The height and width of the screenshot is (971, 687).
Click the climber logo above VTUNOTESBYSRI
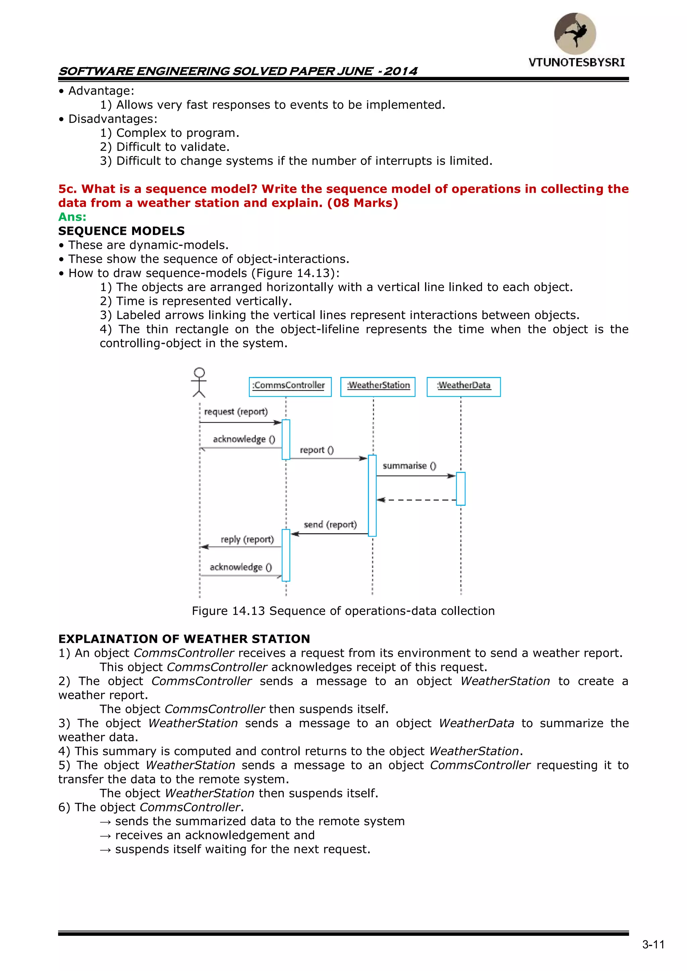click(x=575, y=34)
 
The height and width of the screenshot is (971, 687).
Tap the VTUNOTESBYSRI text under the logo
click(x=577, y=63)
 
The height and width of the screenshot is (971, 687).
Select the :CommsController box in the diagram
click(x=290, y=386)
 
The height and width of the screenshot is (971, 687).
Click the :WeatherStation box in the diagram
click(x=378, y=386)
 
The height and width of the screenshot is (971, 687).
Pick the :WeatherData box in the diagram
click(x=464, y=386)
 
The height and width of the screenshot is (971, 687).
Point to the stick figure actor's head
click(x=199, y=373)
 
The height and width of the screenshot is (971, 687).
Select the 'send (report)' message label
click(x=330, y=525)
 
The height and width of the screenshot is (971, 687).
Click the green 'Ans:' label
click(x=72, y=217)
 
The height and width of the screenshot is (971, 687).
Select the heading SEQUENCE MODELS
click(x=121, y=231)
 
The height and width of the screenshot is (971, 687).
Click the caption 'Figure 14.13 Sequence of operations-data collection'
click(x=343, y=611)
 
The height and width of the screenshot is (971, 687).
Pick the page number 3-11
click(x=653, y=945)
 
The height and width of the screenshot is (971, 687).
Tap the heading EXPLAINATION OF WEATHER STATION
click(x=184, y=639)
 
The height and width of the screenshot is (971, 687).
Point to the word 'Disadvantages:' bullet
click(x=112, y=119)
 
